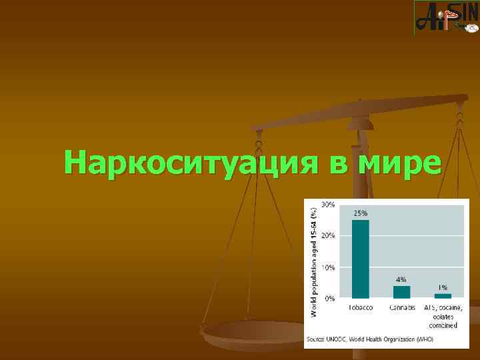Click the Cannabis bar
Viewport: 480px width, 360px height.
coord(401,291)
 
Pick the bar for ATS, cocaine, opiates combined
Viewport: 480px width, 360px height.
coord(443,295)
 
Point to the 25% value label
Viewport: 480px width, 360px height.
coord(360,213)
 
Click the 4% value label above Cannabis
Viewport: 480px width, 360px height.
coord(401,279)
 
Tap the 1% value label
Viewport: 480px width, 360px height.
coord(443,287)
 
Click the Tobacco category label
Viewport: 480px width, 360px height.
coord(360,307)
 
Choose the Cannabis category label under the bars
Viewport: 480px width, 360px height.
coord(401,307)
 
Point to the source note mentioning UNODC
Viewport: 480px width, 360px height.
coord(369,339)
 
